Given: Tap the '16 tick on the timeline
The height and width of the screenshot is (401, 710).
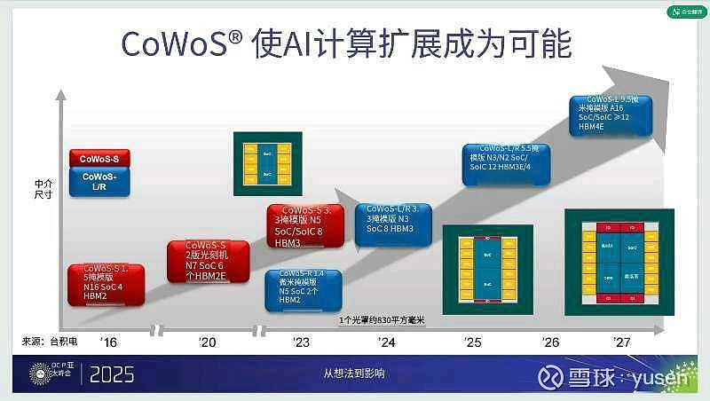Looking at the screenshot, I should point(109,342).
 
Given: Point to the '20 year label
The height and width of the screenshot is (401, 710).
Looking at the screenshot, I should point(207,342).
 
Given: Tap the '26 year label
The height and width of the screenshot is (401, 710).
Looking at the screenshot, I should point(550,342).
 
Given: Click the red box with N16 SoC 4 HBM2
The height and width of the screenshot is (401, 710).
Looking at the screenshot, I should point(106,284).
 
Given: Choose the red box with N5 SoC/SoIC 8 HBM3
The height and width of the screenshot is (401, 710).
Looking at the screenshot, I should point(300,225).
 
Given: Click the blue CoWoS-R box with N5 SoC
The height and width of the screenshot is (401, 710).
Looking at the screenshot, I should point(303,288).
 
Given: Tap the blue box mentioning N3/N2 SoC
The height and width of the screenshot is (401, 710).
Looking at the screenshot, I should point(507,163).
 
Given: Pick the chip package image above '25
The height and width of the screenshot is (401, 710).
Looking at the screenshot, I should point(485,270).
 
